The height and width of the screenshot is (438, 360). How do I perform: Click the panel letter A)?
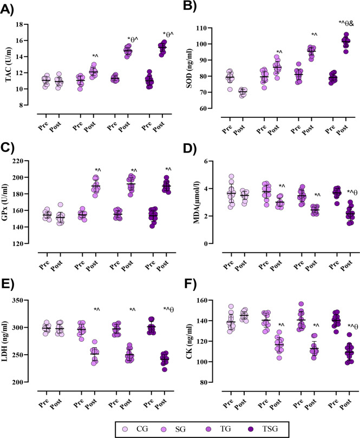point(6,10)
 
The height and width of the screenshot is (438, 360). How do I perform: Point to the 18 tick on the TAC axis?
point(19,24)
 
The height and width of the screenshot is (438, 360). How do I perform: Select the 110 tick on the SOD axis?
point(203,28)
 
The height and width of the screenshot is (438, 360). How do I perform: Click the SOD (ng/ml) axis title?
point(189,69)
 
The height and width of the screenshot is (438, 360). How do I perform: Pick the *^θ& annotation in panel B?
point(346,23)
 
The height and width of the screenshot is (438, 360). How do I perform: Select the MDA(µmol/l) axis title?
point(196,202)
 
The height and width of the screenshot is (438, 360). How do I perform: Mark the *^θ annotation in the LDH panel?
point(168,309)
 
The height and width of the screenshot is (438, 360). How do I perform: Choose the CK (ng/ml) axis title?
point(189,341)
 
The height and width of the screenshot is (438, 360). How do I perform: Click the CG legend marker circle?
point(125,429)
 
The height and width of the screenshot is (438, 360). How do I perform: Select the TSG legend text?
point(270,428)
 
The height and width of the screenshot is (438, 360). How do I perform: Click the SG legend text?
point(180,428)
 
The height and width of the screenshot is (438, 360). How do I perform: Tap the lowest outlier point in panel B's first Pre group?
point(230,89)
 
